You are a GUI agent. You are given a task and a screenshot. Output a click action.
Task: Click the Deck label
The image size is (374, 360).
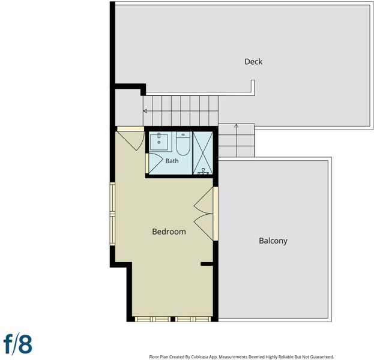coord(253,62)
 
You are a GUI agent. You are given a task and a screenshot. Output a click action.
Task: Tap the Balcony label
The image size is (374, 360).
coord(273,241)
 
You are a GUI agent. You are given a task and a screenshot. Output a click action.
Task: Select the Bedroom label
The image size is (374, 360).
coord(169,232)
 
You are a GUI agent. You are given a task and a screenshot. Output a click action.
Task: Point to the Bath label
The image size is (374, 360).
coord(172,161)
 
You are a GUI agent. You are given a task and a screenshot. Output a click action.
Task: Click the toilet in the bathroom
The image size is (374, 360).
coord(183,143)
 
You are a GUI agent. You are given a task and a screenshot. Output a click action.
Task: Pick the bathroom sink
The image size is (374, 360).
coord(159,142)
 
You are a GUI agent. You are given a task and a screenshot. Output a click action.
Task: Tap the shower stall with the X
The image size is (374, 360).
coord(202,153)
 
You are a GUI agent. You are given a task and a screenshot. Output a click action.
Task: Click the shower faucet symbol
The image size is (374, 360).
coord(204,172)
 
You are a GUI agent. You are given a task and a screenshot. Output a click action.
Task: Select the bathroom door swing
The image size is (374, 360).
coord(155,163)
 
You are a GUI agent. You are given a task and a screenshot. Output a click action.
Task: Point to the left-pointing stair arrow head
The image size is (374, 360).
coord(145,111)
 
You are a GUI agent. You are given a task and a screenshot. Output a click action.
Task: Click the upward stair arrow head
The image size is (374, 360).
coord(236,125)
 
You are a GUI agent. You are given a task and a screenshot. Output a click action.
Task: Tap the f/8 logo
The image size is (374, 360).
coord(18,344)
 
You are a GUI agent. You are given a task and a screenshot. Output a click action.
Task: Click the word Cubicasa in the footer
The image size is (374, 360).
coord(199,357)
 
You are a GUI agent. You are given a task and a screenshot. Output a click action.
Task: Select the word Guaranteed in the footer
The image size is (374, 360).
coord(322,357)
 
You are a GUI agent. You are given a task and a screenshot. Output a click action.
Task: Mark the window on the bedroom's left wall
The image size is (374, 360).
coord(112,214)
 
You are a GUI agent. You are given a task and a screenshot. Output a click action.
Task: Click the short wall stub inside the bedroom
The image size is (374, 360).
coord(207,264)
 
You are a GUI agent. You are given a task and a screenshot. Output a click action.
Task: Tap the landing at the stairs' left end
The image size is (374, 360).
coord(129,107)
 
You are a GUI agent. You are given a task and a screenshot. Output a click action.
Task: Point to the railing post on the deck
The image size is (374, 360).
coord(253,88)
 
